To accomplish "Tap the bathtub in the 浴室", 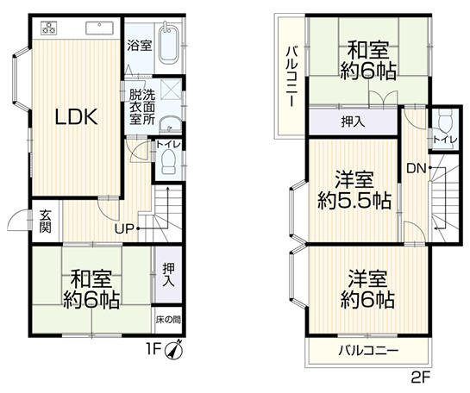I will coord(168,43).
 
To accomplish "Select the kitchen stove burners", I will coord(47,29).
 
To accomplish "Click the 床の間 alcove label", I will coord(168,319).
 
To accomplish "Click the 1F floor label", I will coord(152,350).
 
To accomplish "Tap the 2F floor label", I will coord(420,377).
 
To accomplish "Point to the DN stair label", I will coord(413,168).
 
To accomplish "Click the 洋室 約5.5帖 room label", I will coord(354,191).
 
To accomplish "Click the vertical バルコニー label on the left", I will coord(291,75).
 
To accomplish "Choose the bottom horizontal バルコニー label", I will coord(367,352).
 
